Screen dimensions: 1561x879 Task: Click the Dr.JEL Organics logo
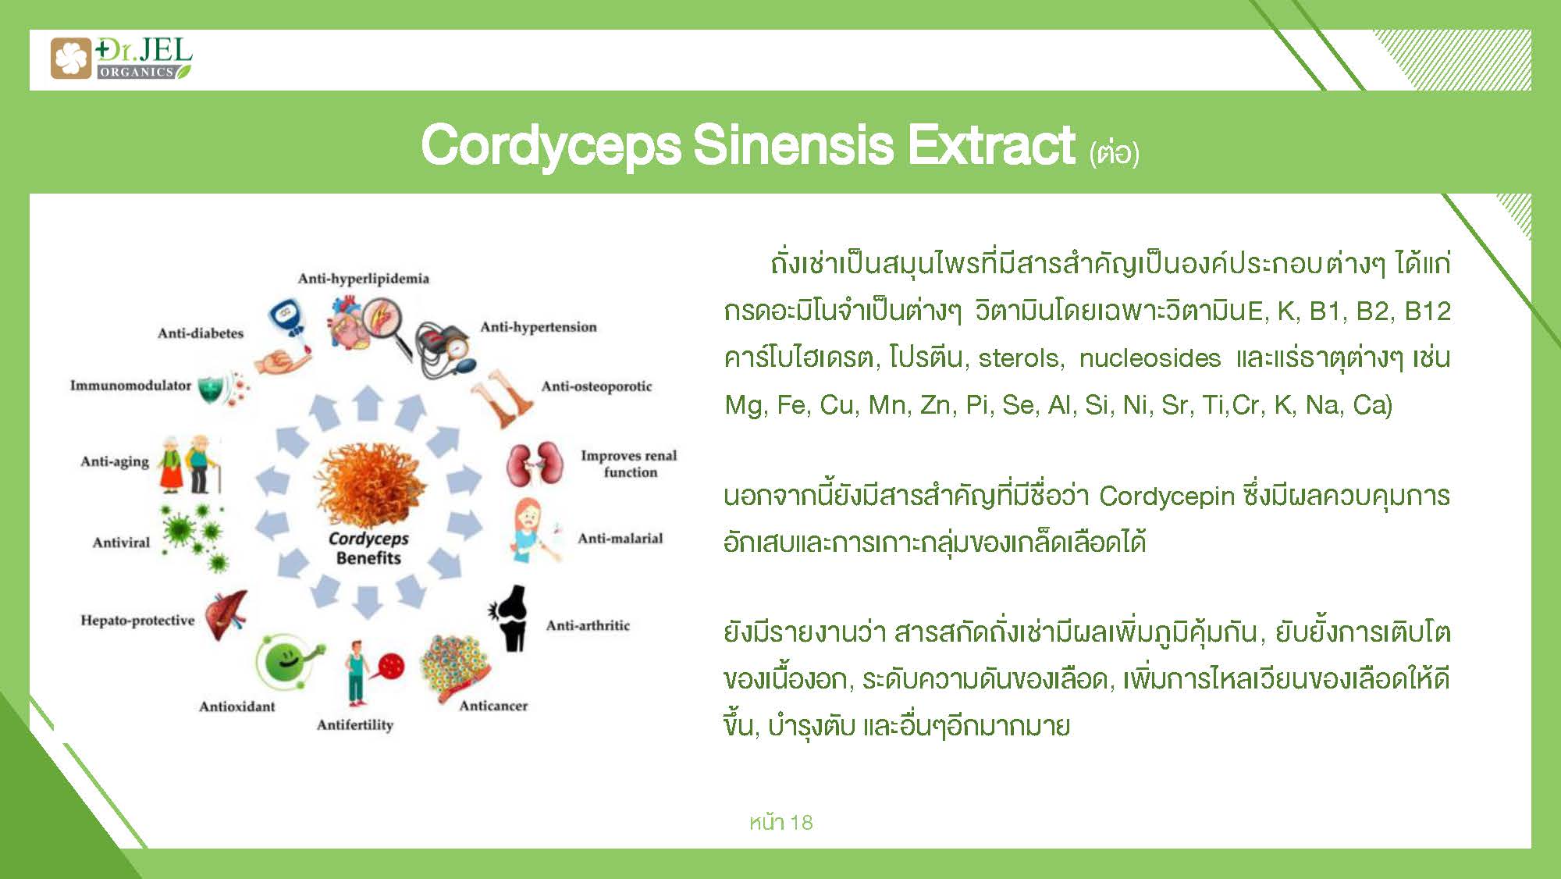coord(121,59)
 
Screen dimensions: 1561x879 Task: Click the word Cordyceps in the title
coord(550,146)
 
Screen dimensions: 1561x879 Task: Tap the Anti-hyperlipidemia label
coord(363,279)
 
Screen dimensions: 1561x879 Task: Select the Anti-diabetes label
coord(201,333)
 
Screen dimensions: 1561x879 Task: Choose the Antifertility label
coord(355,725)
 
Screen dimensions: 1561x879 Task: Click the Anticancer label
coord(493,706)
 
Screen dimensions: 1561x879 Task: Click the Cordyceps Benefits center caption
coord(368,548)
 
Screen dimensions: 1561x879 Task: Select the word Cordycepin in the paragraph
coord(1167,496)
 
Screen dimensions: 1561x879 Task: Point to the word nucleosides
coord(1150,358)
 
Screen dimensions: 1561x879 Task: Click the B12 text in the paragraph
coord(1428,311)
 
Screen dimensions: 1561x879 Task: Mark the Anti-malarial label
coord(620,539)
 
